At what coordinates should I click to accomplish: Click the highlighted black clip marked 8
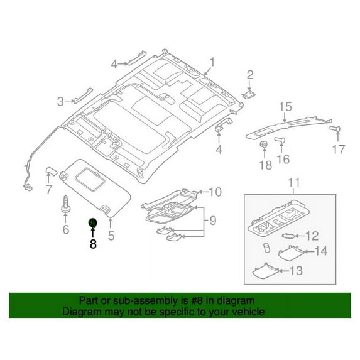[x=92, y=222]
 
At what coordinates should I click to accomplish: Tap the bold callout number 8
[x=93, y=244]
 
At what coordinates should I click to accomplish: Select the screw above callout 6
[x=65, y=204]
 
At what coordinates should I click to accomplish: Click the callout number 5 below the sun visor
[x=111, y=236]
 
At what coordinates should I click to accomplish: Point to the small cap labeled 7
[x=51, y=171]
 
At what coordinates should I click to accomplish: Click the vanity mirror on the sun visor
[x=90, y=179]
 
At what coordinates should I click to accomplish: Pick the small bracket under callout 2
[x=248, y=95]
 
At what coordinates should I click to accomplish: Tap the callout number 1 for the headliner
[x=212, y=62]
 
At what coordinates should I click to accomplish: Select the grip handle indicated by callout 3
[x=83, y=95]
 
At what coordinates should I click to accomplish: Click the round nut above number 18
[x=264, y=144]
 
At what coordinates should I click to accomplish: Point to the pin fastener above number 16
[x=280, y=139]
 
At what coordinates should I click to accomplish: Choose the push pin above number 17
[x=335, y=129]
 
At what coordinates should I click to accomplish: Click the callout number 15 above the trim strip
[x=286, y=107]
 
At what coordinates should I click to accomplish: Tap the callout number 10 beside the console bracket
[x=215, y=192]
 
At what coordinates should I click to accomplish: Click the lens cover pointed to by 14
[x=291, y=253]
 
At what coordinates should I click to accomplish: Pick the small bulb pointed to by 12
[x=288, y=236]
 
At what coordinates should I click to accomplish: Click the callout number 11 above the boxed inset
[x=294, y=183]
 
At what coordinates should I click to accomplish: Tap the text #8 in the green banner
[x=197, y=300]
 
